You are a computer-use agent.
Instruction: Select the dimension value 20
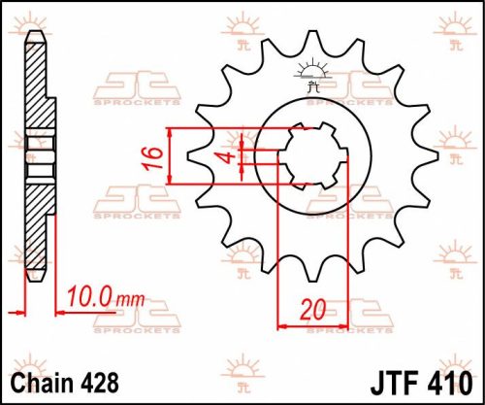tap(311, 310)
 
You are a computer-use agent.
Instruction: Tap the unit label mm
tap(129, 295)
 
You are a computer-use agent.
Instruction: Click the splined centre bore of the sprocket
tap(309, 155)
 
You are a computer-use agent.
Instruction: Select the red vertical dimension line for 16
tap(171, 155)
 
